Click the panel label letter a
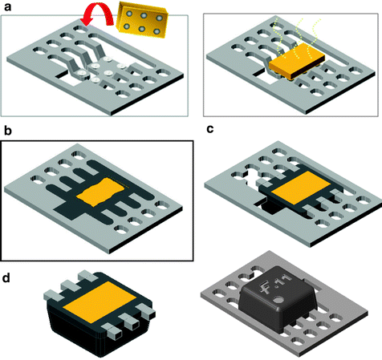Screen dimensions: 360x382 coord(6,6)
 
